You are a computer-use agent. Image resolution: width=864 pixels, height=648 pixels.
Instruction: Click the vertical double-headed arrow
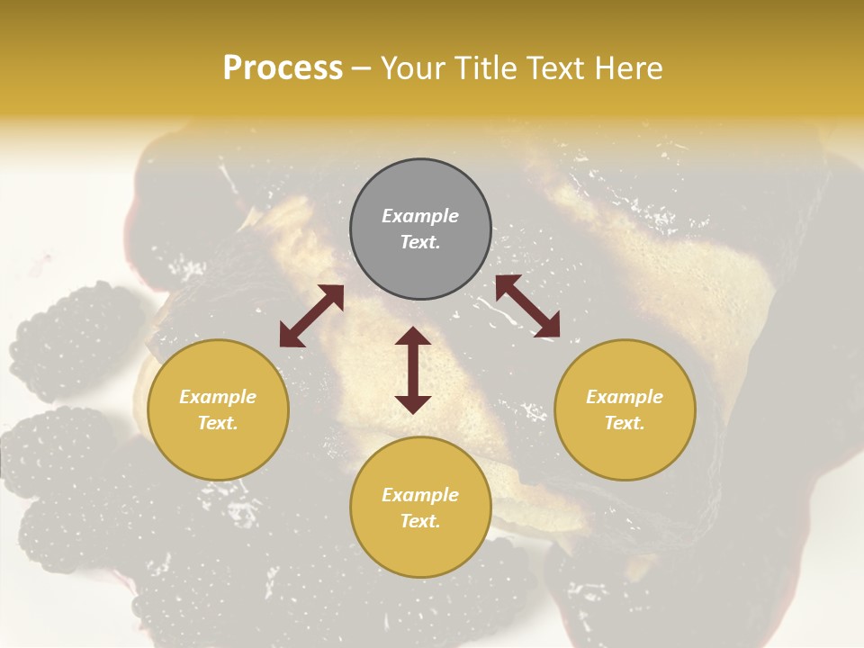click(413, 370)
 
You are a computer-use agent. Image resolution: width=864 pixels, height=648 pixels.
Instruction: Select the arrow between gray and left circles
click(311, 316)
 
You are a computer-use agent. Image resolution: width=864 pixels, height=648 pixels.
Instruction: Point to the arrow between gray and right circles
click(527, 307)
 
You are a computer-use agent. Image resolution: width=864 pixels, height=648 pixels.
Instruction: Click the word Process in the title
click(283, 68)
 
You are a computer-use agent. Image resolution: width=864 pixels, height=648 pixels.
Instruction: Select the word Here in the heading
click(629, 68)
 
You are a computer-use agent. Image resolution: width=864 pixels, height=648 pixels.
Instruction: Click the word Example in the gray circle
click(420, 216)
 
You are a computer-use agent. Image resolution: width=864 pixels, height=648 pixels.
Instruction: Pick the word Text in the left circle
click(218, 423)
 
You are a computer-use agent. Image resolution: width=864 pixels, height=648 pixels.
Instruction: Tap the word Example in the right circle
click(625, 397)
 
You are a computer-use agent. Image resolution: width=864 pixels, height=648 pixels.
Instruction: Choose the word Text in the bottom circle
click(420, 521)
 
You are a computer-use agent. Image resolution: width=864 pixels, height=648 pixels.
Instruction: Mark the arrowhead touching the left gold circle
click(291, 336)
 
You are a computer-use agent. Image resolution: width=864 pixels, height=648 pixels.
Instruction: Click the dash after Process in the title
click(361, 68)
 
